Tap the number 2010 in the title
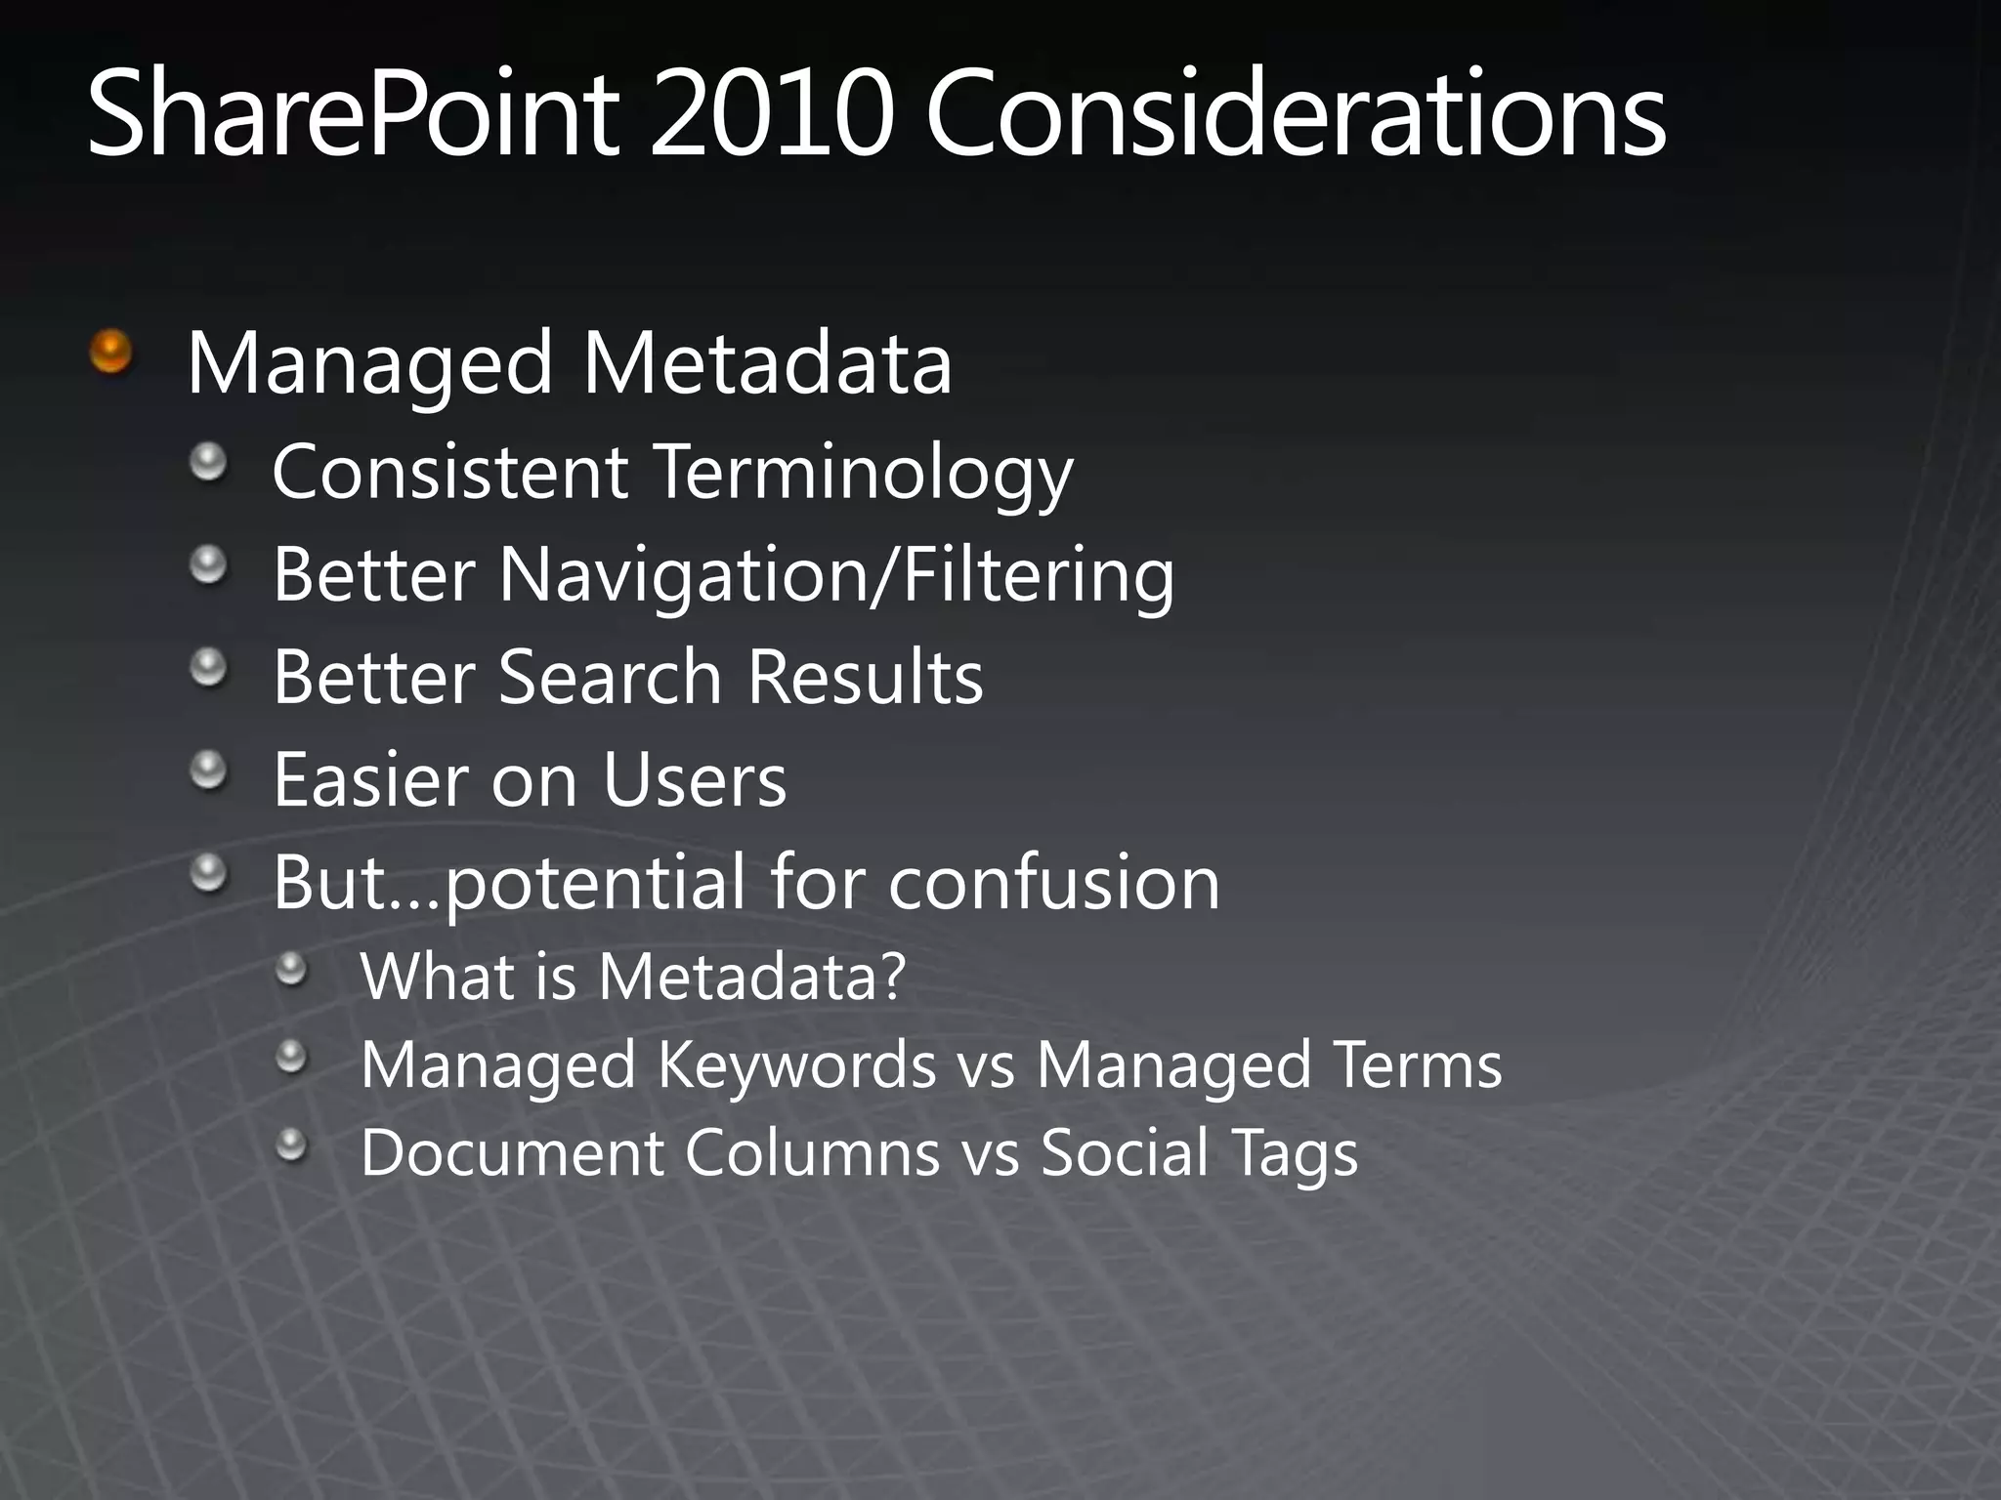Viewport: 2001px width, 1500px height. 772,115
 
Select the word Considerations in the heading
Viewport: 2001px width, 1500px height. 1296,115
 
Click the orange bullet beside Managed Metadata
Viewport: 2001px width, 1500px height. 110,352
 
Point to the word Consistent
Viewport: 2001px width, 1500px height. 449,473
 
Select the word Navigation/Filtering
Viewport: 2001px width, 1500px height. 836,576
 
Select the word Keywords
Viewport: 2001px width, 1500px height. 796,1064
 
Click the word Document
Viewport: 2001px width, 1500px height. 513,1152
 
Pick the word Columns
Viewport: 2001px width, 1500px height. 812,1152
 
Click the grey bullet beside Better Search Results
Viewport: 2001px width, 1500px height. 208,669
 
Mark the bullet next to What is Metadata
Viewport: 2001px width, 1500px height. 291,970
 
